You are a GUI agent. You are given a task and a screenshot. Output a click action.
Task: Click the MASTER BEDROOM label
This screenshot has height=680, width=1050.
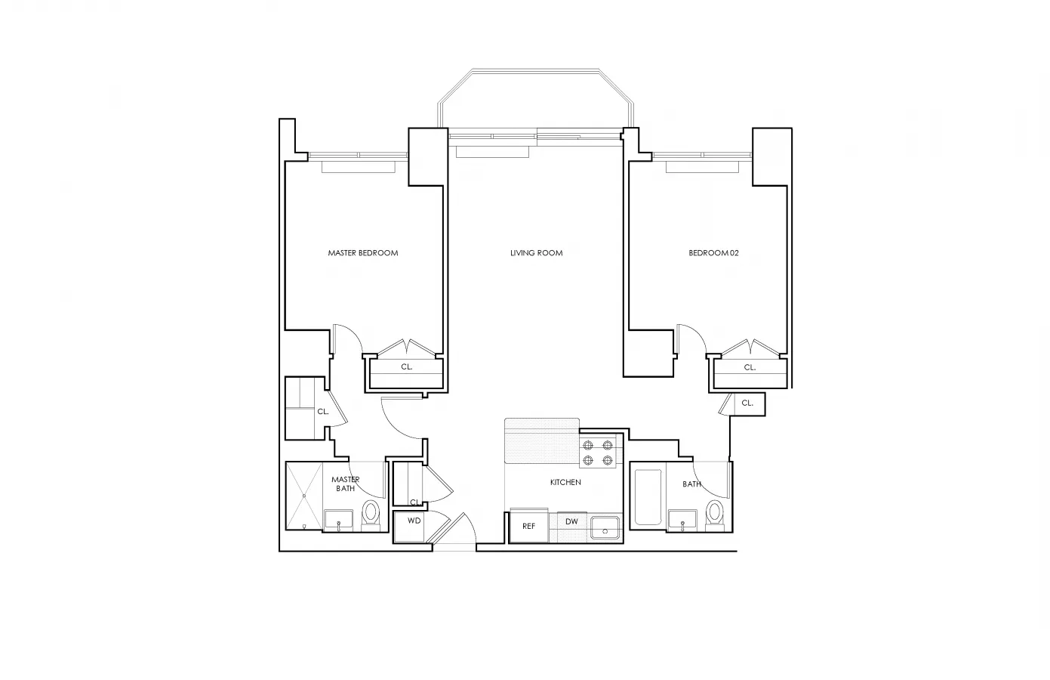362,253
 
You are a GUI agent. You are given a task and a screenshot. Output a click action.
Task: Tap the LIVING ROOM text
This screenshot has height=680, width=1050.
536,253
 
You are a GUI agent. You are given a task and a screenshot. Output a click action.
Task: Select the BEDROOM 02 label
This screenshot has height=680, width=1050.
713,253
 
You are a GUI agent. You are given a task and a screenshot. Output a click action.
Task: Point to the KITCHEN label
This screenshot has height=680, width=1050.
565,482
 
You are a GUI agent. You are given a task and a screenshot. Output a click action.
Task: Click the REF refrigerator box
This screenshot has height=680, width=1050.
528,526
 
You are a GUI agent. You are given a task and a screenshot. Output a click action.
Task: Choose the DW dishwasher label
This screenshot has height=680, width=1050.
571,522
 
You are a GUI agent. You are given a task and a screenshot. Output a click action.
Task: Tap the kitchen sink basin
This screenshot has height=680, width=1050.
605,528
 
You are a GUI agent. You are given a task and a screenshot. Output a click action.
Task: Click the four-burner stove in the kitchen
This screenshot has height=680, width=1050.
596,451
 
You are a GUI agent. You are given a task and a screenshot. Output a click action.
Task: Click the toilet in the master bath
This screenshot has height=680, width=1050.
371,514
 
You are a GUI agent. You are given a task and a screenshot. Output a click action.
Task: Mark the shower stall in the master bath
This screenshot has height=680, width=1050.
304,496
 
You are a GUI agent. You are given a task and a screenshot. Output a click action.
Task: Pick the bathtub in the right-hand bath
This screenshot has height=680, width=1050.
648,497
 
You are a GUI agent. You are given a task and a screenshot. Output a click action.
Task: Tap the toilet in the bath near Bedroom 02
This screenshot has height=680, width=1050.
715,514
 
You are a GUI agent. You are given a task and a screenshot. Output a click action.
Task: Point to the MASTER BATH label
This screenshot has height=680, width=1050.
345,484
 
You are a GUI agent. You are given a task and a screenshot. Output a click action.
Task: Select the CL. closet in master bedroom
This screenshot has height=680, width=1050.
406,367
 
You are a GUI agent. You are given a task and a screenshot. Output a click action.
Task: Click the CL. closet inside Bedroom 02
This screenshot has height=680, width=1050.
749,367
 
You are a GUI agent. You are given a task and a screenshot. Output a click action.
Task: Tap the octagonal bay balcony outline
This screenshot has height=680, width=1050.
536,98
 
